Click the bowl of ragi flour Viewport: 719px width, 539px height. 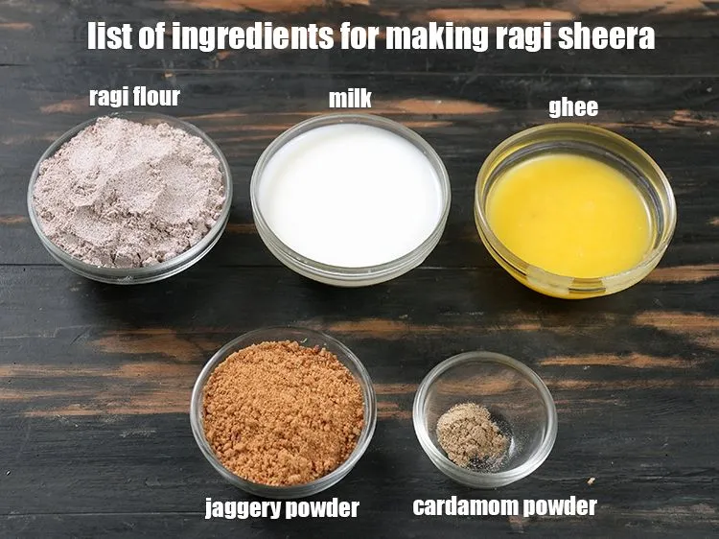click(x=129, y=198)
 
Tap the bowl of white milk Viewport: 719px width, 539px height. click(x=350, y=199)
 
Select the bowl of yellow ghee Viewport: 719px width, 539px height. click(x=575, y=211)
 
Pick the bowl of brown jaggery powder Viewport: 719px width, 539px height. click(x=284, y=411)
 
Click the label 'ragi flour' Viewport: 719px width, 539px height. click(x=134, y=97)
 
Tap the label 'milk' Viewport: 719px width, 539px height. click(x=350, y=99)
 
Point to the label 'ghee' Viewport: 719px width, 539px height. click(x=573, y=108)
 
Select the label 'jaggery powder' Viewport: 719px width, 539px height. click(x=282, y=508)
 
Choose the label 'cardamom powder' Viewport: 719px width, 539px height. click(x=505, y=507)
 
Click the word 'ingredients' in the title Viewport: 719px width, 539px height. click(x=253, y=36)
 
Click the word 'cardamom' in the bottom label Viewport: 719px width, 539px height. click(x=465, y=506)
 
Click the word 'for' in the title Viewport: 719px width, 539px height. click(x=359, y=36)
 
